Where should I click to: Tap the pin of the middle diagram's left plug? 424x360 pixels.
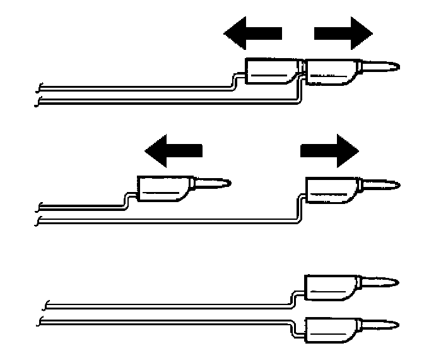click(x=211, y=184)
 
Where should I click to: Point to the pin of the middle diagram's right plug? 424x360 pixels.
click(x=380, y=185)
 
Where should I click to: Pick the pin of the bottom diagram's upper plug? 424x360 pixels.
click(x=380, y=282)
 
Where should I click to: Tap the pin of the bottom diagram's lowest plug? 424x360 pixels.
click(x=380, y=325)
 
